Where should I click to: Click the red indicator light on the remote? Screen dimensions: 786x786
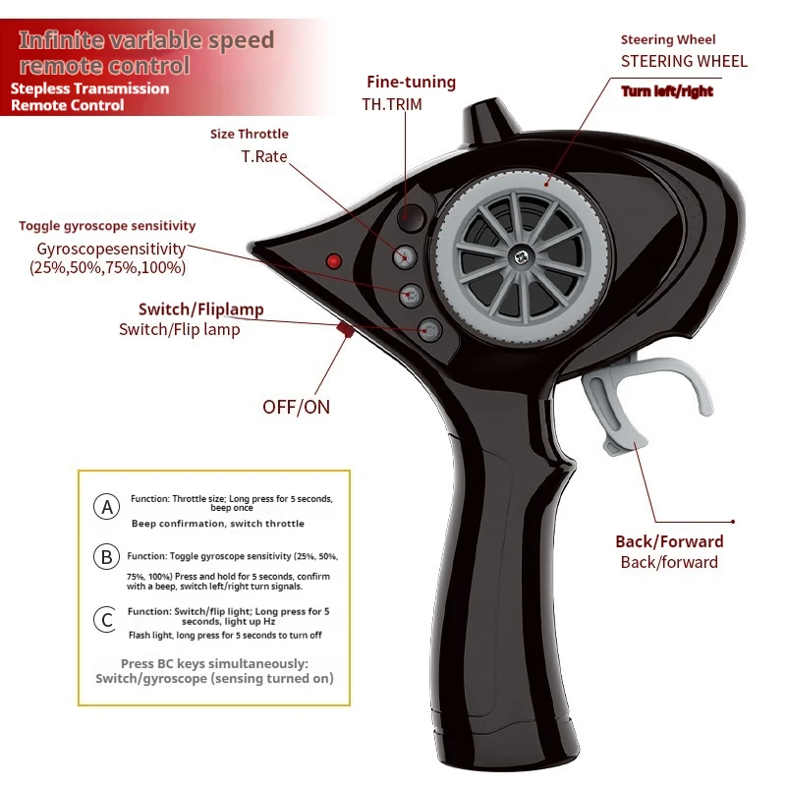pos(333,261)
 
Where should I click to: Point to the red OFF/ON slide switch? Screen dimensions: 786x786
pos(345,330)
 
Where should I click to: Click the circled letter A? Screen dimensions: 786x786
pos(106,508)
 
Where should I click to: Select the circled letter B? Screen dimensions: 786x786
pos(106,557)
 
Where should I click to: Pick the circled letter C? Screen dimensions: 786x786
pos(106,620)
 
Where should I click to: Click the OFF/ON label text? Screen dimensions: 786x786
pos(296,406)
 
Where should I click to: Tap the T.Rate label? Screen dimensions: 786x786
pos(264,156)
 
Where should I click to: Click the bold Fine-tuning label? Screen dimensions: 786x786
pos(411,83)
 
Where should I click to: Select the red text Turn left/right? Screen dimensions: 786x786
pos(667,92)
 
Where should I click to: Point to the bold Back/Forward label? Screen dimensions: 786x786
pos(669,541)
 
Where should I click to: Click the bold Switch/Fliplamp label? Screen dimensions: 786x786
pos(200,309)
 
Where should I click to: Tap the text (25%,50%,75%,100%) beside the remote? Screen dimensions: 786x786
pos(107,267)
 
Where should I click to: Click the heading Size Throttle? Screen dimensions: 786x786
pos(250,135)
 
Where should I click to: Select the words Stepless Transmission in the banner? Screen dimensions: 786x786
pos(89,88)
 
